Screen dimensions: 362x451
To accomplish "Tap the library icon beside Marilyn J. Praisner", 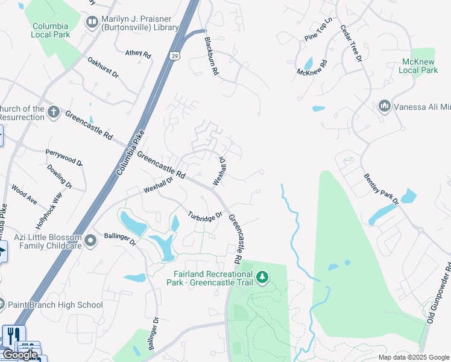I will click(92, 23).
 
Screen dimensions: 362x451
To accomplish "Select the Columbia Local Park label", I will click(51, 30).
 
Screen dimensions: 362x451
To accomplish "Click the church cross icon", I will click(54, 112).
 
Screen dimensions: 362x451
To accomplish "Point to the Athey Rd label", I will click(138, 54).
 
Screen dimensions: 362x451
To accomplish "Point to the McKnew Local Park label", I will click(418, 66).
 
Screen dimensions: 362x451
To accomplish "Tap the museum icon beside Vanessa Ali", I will click(384, 107).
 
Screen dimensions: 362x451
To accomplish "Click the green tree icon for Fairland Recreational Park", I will click(262, 278).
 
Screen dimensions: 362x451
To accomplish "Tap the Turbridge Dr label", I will click(205, 215).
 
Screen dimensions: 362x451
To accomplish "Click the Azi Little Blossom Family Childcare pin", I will click(91, 241).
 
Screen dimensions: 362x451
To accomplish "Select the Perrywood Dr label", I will click(64, 157).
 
